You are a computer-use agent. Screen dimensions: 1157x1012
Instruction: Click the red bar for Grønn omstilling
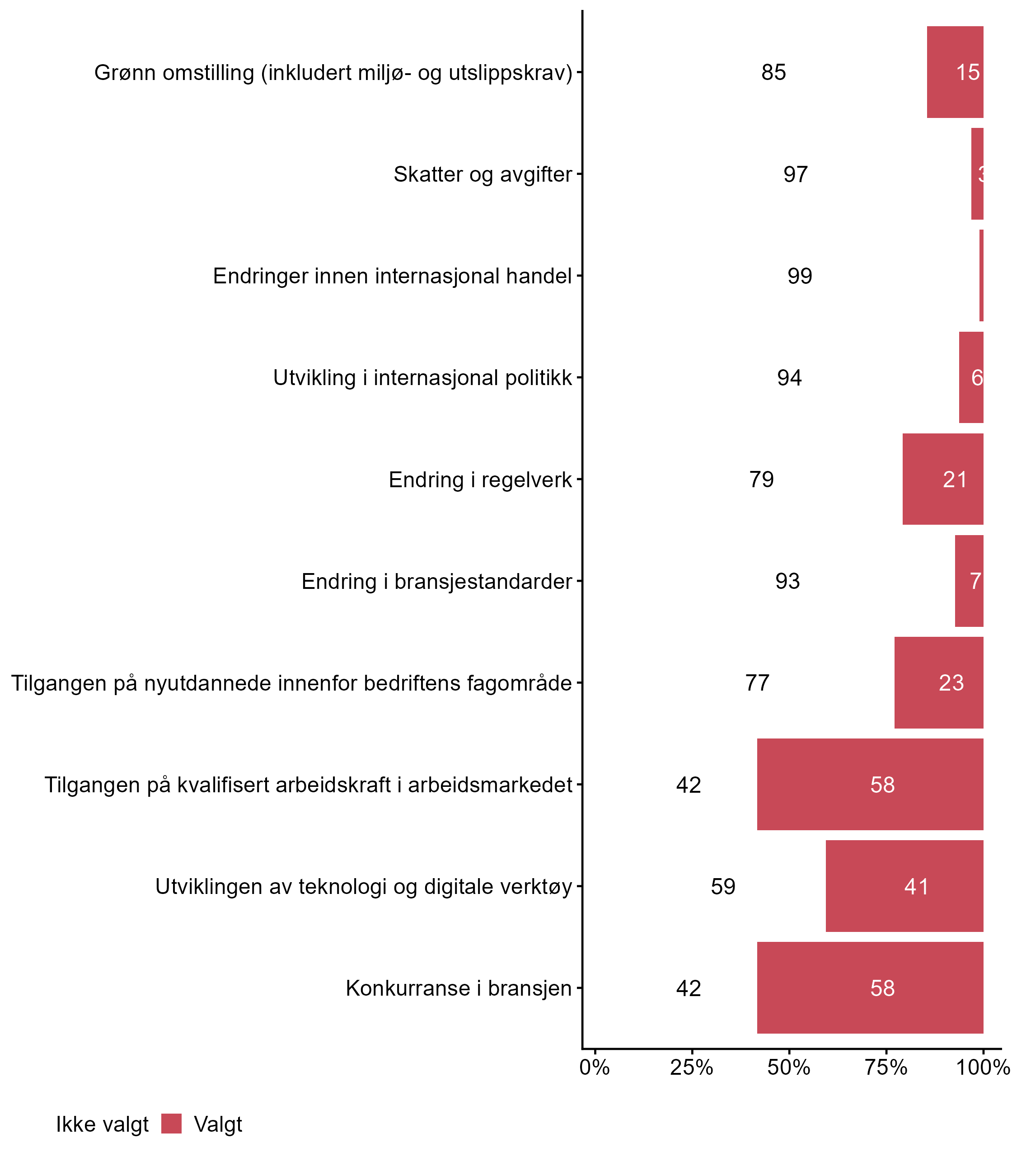click(x=954, y=72)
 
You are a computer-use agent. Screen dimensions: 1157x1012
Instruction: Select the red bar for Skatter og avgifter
click(x=977, y=174)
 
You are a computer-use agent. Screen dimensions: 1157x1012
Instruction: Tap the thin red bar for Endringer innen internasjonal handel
click(x=981, y=276)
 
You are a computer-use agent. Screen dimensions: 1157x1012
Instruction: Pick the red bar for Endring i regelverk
click(x=942, y=479)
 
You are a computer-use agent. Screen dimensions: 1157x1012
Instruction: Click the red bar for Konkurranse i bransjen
click(x=870, y=988)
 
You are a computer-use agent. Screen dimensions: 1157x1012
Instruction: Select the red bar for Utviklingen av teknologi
click(x=904, y=886)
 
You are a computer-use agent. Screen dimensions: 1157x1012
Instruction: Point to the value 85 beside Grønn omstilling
click(x=773, y=72)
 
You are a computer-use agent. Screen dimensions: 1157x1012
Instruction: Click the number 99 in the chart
click(x=800, y=276)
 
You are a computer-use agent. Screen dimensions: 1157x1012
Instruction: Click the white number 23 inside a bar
click(x=951, y=683)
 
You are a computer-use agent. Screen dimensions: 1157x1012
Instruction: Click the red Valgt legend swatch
click(x=171, y=1124)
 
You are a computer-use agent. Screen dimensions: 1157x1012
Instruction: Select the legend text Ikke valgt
click(x=102, y=1125)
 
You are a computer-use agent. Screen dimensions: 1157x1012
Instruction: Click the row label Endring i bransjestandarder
click(x=436, y=581)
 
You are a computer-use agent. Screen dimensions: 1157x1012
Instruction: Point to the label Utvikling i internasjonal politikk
click(x=422, y=378)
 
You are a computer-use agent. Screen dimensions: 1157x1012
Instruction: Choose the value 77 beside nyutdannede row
click(x=757, y=683)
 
